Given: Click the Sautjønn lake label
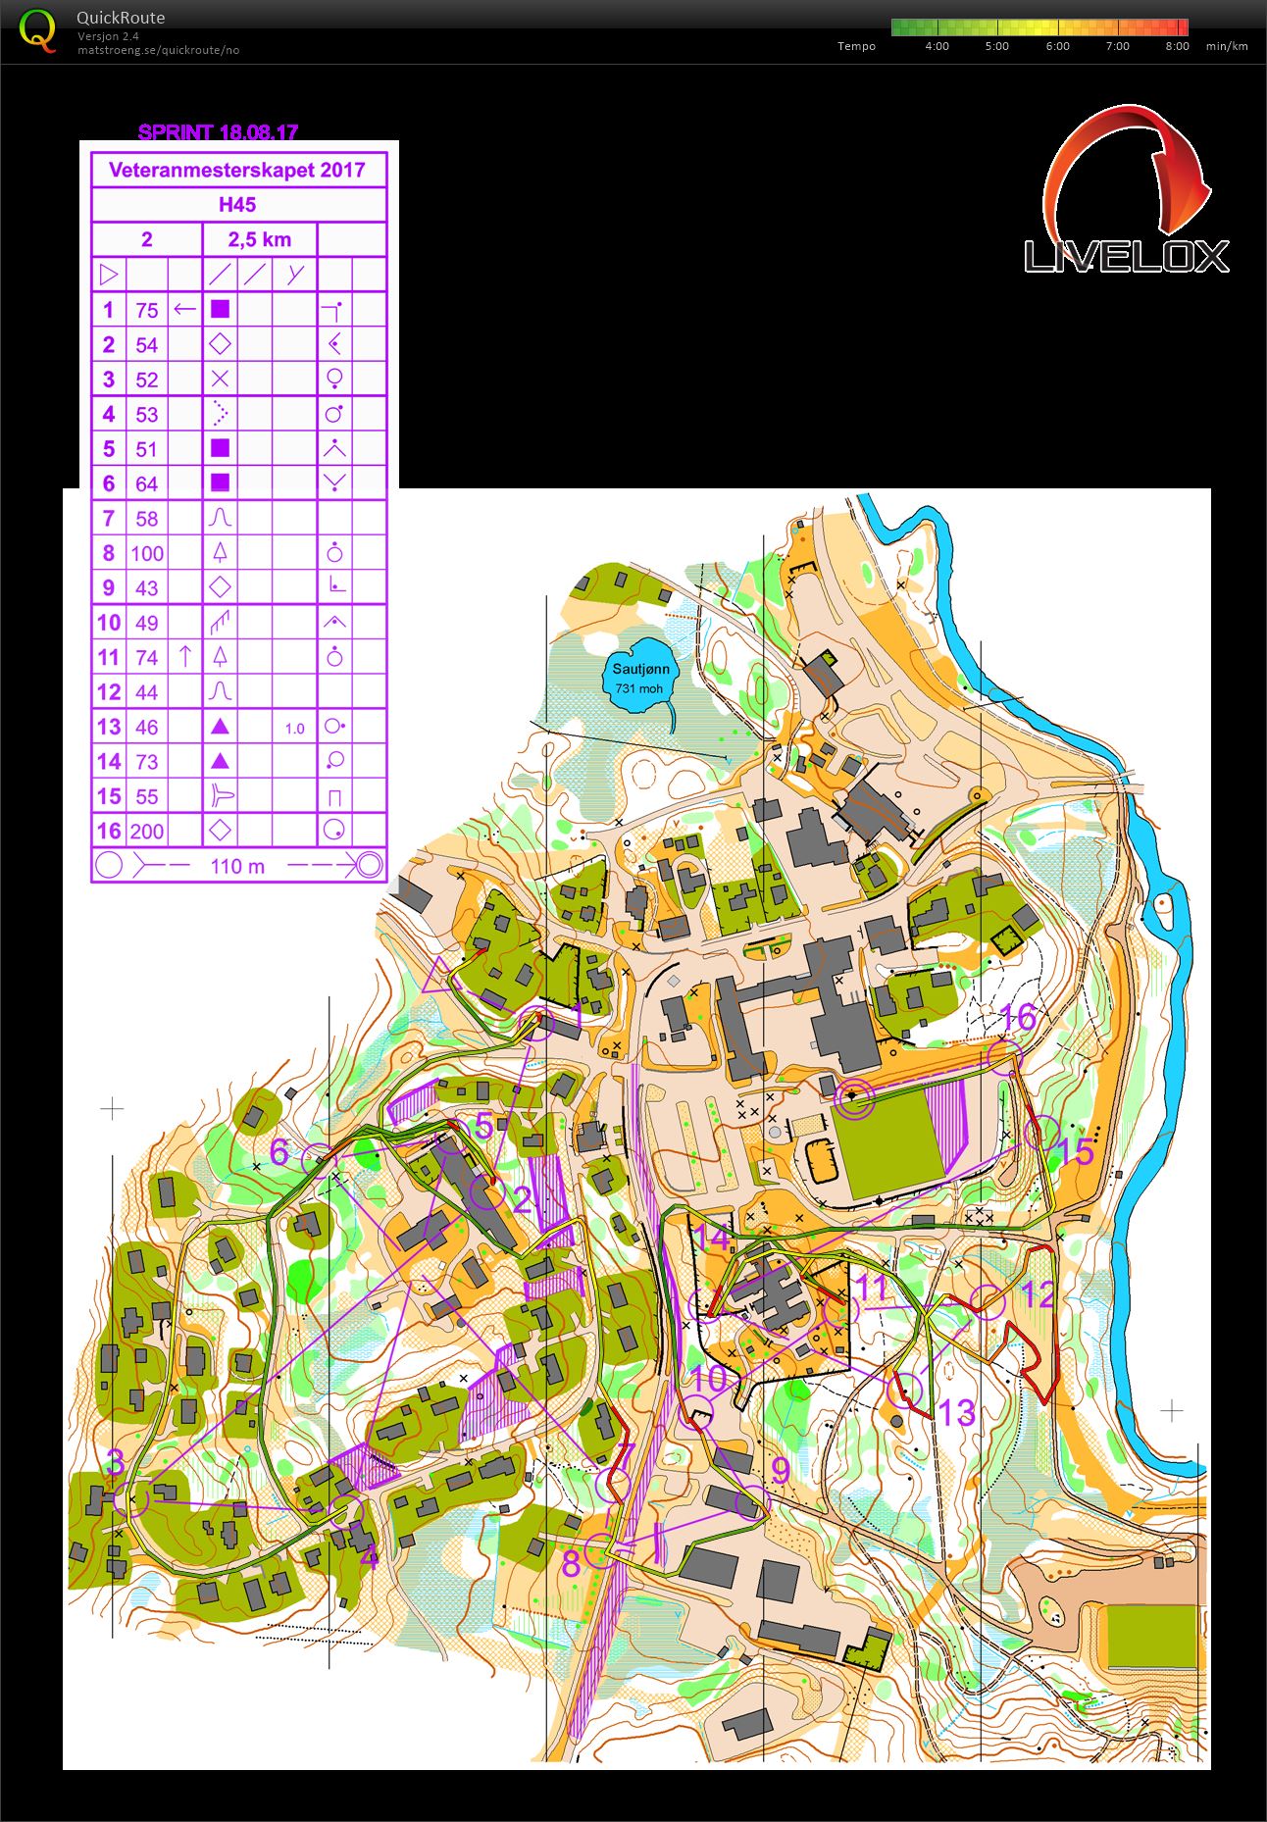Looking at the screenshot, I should pos(641,670).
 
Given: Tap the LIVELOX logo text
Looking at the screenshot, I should pos(1126,257).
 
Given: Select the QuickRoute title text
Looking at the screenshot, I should pos(121,18).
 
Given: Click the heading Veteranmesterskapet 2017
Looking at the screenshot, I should pos(237,170).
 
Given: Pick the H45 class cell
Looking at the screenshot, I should pos(237,205).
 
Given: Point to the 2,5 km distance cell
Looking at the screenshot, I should pos(260,239).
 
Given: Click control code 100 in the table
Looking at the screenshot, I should pos(147,553).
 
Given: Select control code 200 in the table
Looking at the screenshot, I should pos(147,832).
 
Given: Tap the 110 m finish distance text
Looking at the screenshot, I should pos(237,866).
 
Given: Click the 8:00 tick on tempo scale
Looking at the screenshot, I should pos(1177,46).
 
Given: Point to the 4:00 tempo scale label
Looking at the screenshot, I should pos(937,46).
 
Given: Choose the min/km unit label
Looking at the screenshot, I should pos(1227,46).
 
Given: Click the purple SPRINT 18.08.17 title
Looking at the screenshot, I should pos(218,132).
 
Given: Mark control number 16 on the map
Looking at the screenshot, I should pos(1019,1017).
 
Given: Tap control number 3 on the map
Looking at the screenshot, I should pos(115,1462).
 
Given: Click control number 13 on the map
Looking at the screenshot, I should pos(956,1412).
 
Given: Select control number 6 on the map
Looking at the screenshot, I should pos(279,1151).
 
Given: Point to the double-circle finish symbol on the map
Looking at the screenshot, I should pos(853,1098).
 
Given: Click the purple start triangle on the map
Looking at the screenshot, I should pos(438,977).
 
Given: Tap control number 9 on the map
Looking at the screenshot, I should pos(781,1470).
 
